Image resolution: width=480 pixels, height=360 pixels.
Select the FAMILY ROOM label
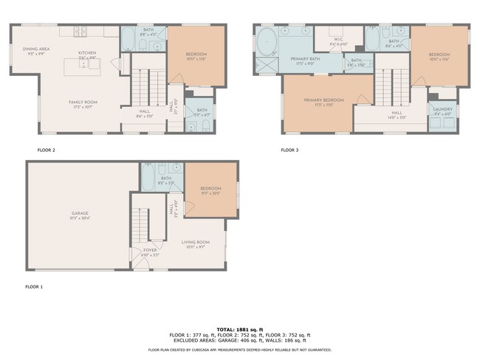click(x=83, y=103)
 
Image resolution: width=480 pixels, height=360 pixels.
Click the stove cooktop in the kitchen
click(x=81, y=32)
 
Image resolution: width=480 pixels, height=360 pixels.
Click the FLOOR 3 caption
click(x=289, y=150)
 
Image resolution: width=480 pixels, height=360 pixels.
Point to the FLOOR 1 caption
click(x=35, y=286)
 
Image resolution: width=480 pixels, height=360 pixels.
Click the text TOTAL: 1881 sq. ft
click(x=239, y=328)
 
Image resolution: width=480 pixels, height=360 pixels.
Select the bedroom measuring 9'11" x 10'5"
click(x=211, y=190)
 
